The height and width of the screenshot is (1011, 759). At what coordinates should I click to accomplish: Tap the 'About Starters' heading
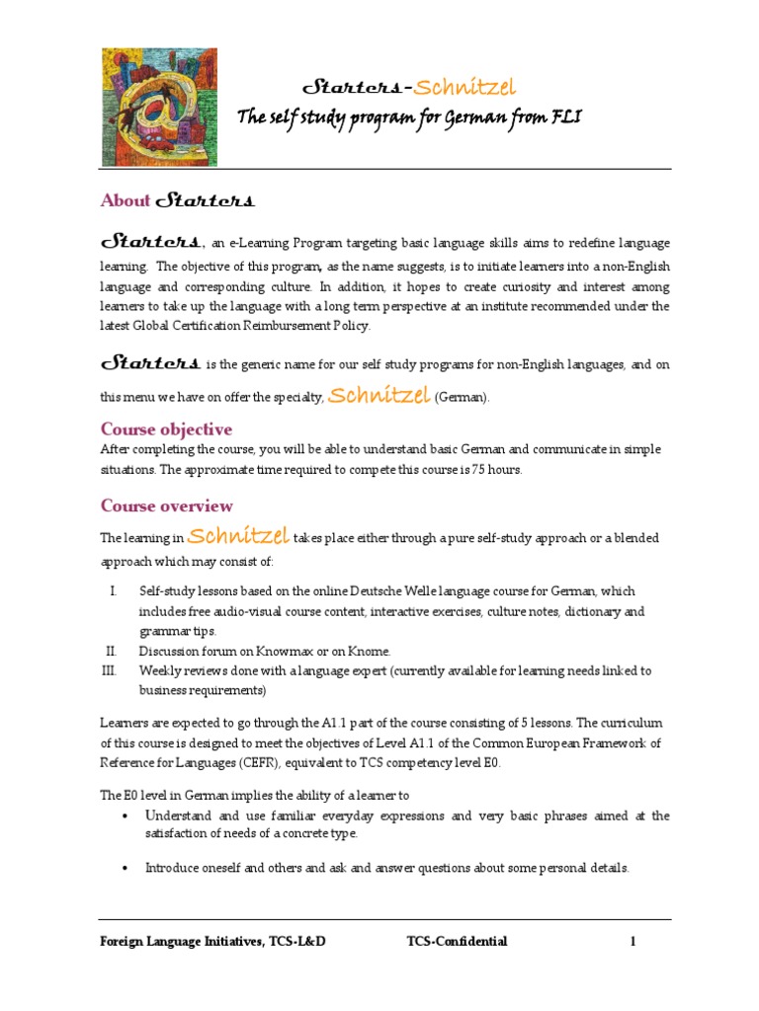click(178, 200)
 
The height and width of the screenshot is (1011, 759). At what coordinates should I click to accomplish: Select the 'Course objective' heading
click(167, 429)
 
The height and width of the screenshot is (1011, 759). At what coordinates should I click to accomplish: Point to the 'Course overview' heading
click(167, 506)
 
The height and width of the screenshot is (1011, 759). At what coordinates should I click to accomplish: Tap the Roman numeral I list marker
click(114, 591)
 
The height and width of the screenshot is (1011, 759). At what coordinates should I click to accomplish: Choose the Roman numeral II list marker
click(112, 652)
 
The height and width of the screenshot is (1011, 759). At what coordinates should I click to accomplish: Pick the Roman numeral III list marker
click(111, 671)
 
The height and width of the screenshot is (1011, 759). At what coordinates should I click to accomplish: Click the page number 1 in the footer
click(632, 942)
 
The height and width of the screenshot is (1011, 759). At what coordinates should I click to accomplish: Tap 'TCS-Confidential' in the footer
click(457, 942)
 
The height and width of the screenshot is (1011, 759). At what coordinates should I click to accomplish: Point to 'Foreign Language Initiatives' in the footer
click(180, 942)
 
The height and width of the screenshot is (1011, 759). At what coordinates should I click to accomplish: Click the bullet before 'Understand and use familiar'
click(124, 817)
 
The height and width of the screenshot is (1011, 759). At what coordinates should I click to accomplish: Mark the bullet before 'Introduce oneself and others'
click(124, 869)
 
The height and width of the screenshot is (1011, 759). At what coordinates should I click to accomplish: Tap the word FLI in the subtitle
click(565, 118)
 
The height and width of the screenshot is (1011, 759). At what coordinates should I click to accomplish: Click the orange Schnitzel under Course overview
click(237, 536)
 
